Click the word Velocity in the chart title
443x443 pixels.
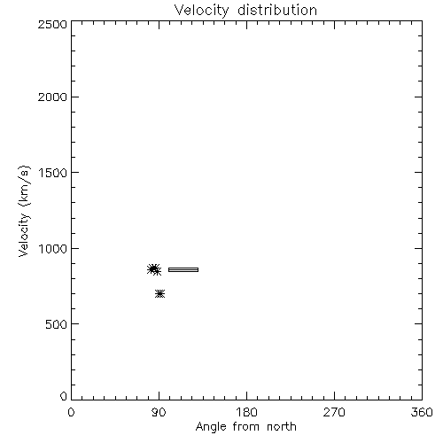202,11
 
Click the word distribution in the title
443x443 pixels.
277,10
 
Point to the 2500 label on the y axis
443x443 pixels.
52,24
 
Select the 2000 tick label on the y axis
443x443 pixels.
52,97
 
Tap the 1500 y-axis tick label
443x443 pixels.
53,173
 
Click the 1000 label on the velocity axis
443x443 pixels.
53,249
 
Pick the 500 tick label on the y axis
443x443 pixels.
57,324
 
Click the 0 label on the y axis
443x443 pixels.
64,396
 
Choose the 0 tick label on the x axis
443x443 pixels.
71,412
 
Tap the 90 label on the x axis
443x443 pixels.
159,412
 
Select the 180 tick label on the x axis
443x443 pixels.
246,412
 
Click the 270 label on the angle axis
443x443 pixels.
334,412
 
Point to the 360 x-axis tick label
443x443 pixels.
422,412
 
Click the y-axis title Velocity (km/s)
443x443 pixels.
24,212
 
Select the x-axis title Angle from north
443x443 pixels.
246,427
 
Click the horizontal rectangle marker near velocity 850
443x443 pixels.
183,269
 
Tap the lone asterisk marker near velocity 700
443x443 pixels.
160,294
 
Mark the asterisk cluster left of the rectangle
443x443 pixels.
154,269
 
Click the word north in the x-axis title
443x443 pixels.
282,427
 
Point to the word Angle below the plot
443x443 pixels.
211,427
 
